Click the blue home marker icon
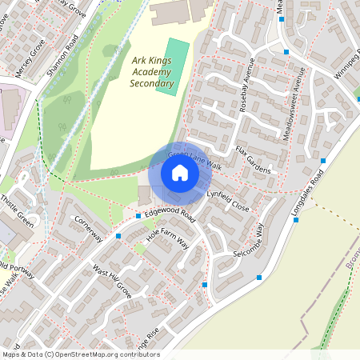click(180, 173)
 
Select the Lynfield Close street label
click(228, 201)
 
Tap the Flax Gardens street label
click(253, 160)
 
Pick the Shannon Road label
click(62, 59)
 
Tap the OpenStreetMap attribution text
click(81, 354)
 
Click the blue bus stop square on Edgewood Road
click(138, 215)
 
